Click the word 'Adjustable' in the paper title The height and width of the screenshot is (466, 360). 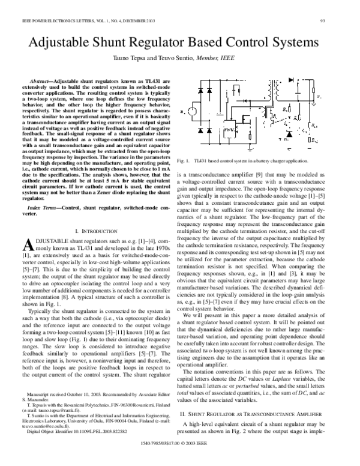pyautogui.click(x=64, y=44)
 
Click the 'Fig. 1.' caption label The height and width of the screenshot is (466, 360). pyautogui.click(x=187, y=162)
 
